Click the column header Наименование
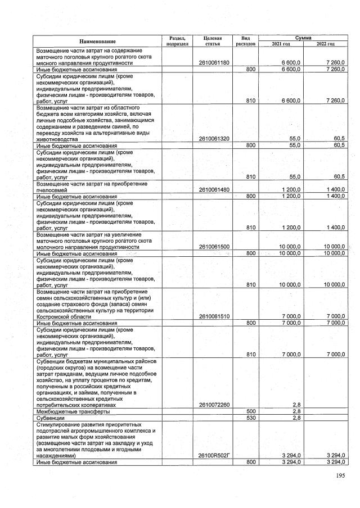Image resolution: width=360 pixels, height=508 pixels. point(97,41)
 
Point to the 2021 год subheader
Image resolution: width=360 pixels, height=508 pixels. point(280,43)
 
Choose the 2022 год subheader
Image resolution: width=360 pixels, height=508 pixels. point(325,43)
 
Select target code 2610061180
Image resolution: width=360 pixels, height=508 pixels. point(214,63)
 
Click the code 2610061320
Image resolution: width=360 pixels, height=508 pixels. point(214,138)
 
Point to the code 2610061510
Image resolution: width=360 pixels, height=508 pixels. point(214,316)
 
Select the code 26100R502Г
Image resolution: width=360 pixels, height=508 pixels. point(214,455)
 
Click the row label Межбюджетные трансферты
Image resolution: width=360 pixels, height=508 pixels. point(69,411)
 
